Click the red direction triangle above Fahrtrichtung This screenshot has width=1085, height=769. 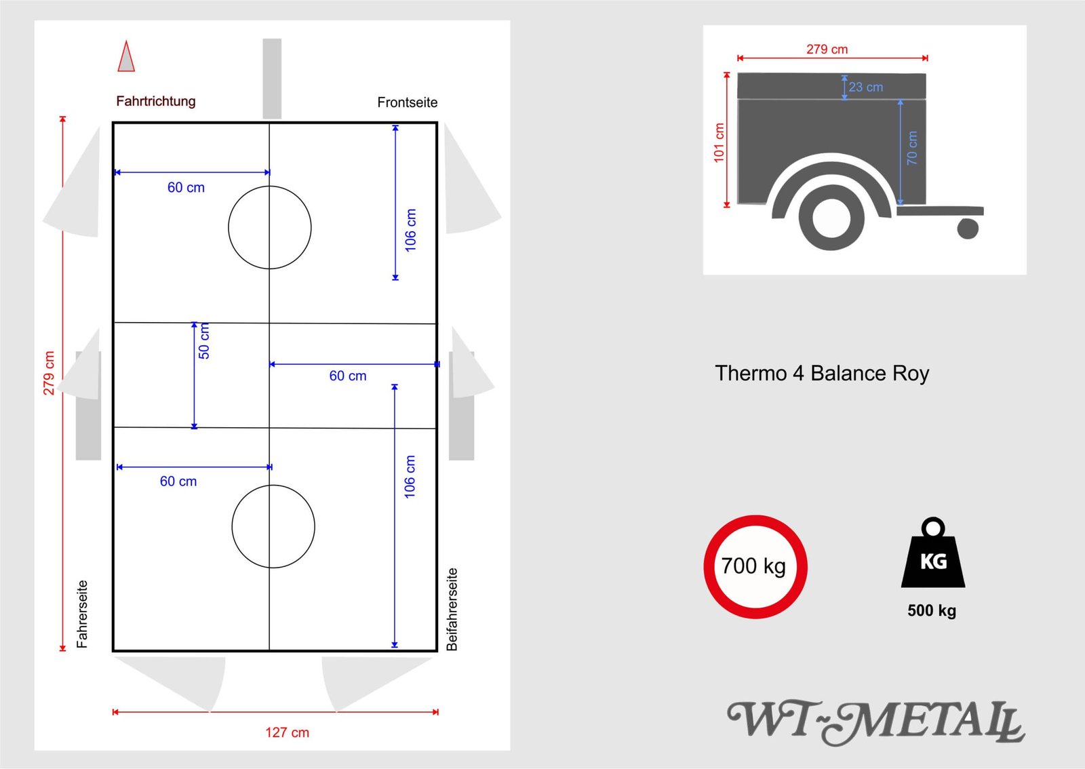pos(126,57)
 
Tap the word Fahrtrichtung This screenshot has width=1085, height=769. pos(156,101)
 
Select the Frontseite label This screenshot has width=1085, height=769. pos(408,102)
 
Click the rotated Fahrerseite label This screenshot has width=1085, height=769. pos(82,614)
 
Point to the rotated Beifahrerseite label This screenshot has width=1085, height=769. pos(452,609)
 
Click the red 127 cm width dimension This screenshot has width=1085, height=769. pos(288,732)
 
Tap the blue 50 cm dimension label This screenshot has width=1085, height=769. pos(204,341)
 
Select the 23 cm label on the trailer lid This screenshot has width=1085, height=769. pos(865,87)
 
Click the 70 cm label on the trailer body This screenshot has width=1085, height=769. pos(911,148)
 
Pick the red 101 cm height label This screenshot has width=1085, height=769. pos(719,142)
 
